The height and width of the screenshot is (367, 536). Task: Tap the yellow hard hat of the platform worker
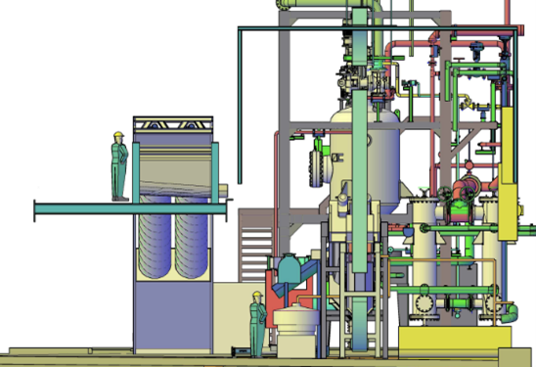[x=118, y=135]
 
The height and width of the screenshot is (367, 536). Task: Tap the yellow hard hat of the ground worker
[x=256, y=294]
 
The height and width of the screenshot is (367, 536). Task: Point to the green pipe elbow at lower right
[x=512, y=311]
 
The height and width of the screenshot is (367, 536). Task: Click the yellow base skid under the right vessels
[x=455, y=337]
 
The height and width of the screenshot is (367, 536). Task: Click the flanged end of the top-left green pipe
[x=286, y=5]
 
